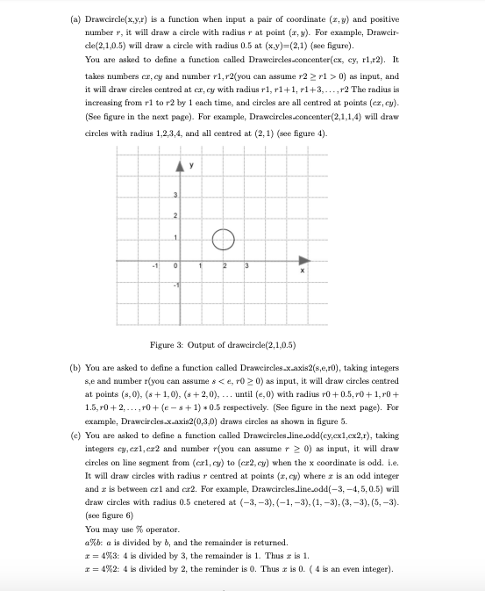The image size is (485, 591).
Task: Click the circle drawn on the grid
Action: point(223,238)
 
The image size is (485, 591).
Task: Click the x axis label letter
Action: point(303,271)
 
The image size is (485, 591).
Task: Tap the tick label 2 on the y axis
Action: point(174,217)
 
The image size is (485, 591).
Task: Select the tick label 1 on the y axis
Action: point(174,238)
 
